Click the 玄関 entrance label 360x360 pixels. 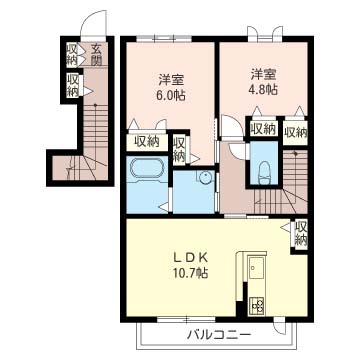96,54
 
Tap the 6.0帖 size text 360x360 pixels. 166,96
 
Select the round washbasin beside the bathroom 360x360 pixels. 204,178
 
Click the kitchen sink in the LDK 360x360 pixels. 253,268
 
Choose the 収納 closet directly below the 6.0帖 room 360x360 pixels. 146,141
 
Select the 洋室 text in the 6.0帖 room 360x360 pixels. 166,79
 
